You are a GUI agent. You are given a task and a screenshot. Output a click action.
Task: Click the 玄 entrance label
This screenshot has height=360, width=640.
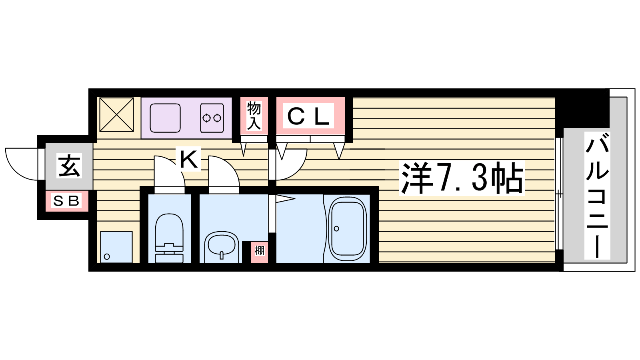(69, 166)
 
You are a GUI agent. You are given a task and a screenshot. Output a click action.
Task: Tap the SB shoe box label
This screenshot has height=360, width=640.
(66, 201)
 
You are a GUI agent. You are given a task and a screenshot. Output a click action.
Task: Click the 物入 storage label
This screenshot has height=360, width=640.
(254, 115)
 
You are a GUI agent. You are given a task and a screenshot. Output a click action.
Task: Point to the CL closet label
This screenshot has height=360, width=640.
(308, 116)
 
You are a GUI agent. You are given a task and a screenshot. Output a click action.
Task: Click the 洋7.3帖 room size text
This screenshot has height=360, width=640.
(462, 178)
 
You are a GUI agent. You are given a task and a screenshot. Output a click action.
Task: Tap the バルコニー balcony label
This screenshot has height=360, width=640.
(597, 196)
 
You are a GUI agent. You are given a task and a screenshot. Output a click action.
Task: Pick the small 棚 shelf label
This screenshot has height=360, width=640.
(260, 250)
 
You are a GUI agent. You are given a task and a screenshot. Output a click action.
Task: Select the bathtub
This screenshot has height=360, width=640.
(348, 228)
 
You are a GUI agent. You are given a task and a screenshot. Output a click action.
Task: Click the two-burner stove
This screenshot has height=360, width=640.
(212, 118)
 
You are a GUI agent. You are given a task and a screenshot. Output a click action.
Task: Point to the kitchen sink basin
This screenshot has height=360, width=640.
(165, 118)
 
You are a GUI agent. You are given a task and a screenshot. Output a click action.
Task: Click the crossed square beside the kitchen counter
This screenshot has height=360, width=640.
(116, 114)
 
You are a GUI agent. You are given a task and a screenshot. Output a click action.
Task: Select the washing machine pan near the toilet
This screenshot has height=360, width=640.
(116, 247)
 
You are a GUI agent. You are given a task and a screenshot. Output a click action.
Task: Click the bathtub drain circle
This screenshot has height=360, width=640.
(336, 228)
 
